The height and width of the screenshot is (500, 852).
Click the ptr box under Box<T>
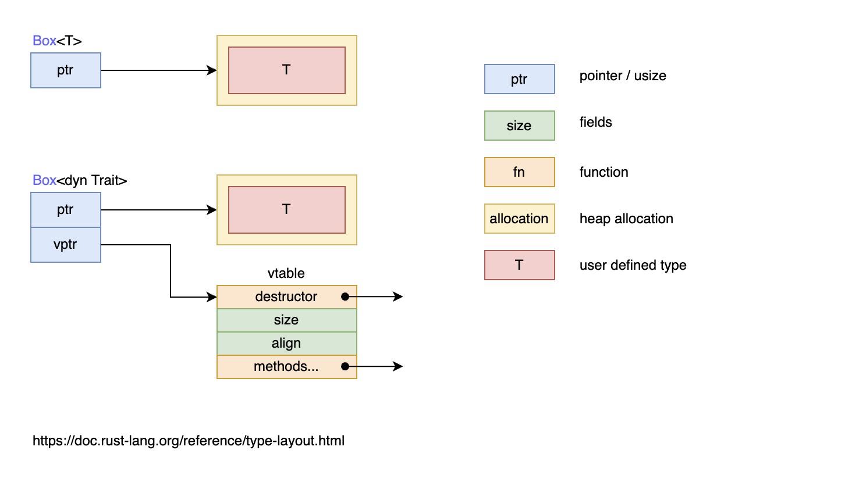tap(66, 70)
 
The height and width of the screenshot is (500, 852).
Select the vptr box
tap(66, 245)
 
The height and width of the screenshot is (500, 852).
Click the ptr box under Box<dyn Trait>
tap(66, 210)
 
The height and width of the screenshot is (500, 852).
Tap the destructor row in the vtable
tap(286, 297)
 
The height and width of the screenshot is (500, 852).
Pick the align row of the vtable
tap(286, 344)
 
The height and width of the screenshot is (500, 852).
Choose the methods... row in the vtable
tap(286, 367)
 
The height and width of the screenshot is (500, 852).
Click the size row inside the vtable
tap(286, 320)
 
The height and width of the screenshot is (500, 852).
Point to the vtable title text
tap(286, 273)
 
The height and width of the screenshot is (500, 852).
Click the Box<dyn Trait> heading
tap(80, 180)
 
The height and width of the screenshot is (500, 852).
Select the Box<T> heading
tap(57, 41)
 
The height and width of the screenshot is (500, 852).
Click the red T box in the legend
tap(519, 265)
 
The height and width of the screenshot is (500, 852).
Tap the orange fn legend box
tap(519, 172)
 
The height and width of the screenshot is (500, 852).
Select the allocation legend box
tap(519, 219)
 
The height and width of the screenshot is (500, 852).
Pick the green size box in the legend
tap(519, 126)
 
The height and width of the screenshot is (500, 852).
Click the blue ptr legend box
tap(519, 79)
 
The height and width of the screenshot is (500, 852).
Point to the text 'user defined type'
tap(633, 265)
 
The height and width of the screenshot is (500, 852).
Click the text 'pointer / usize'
tap(623, 76)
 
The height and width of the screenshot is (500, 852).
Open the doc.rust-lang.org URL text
tap(189, 441)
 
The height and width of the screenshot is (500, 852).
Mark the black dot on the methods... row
tap(345, 366)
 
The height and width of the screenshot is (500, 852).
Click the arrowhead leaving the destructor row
tap(399, 297)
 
